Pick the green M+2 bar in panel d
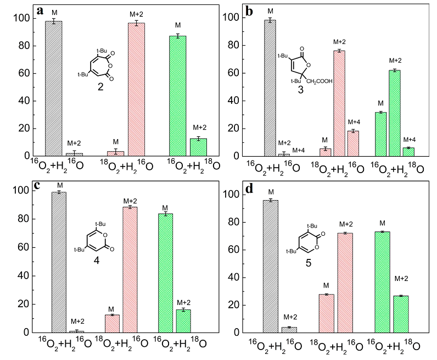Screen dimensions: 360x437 point(401,314)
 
